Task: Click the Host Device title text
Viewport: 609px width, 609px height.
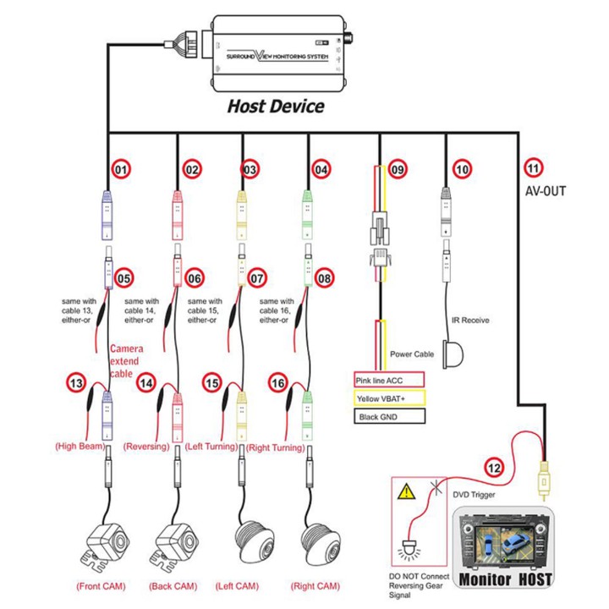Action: (x=276, y=107)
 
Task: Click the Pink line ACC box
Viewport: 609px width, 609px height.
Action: (x=384, y=381)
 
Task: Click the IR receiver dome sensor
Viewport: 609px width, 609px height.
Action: (x=460, y=350)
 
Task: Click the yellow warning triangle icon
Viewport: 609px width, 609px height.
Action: (x=407, y=490)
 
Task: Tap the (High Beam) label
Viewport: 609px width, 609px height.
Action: (x=80, y=446)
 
